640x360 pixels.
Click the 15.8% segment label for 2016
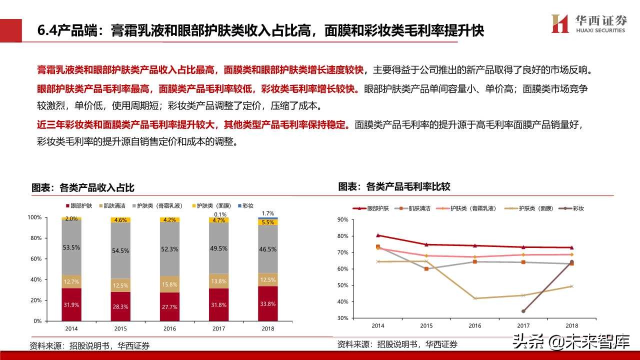tap(170, 284)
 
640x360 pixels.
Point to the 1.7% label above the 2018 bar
tap(268, 213)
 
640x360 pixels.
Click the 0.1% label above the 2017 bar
tap(219, 214)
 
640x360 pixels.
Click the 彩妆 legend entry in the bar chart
tap(245, 205)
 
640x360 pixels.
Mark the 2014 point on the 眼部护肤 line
tap(378, 235)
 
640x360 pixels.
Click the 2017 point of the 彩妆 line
tap(523, 311)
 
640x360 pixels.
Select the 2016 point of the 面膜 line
tap(475, 298)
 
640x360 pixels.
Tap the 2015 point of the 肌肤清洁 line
tap(426, 269)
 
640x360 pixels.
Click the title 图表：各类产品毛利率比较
tap(394, 186)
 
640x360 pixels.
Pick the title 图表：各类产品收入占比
tap(83, 188)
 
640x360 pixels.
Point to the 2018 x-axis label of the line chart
tap(571, 325)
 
